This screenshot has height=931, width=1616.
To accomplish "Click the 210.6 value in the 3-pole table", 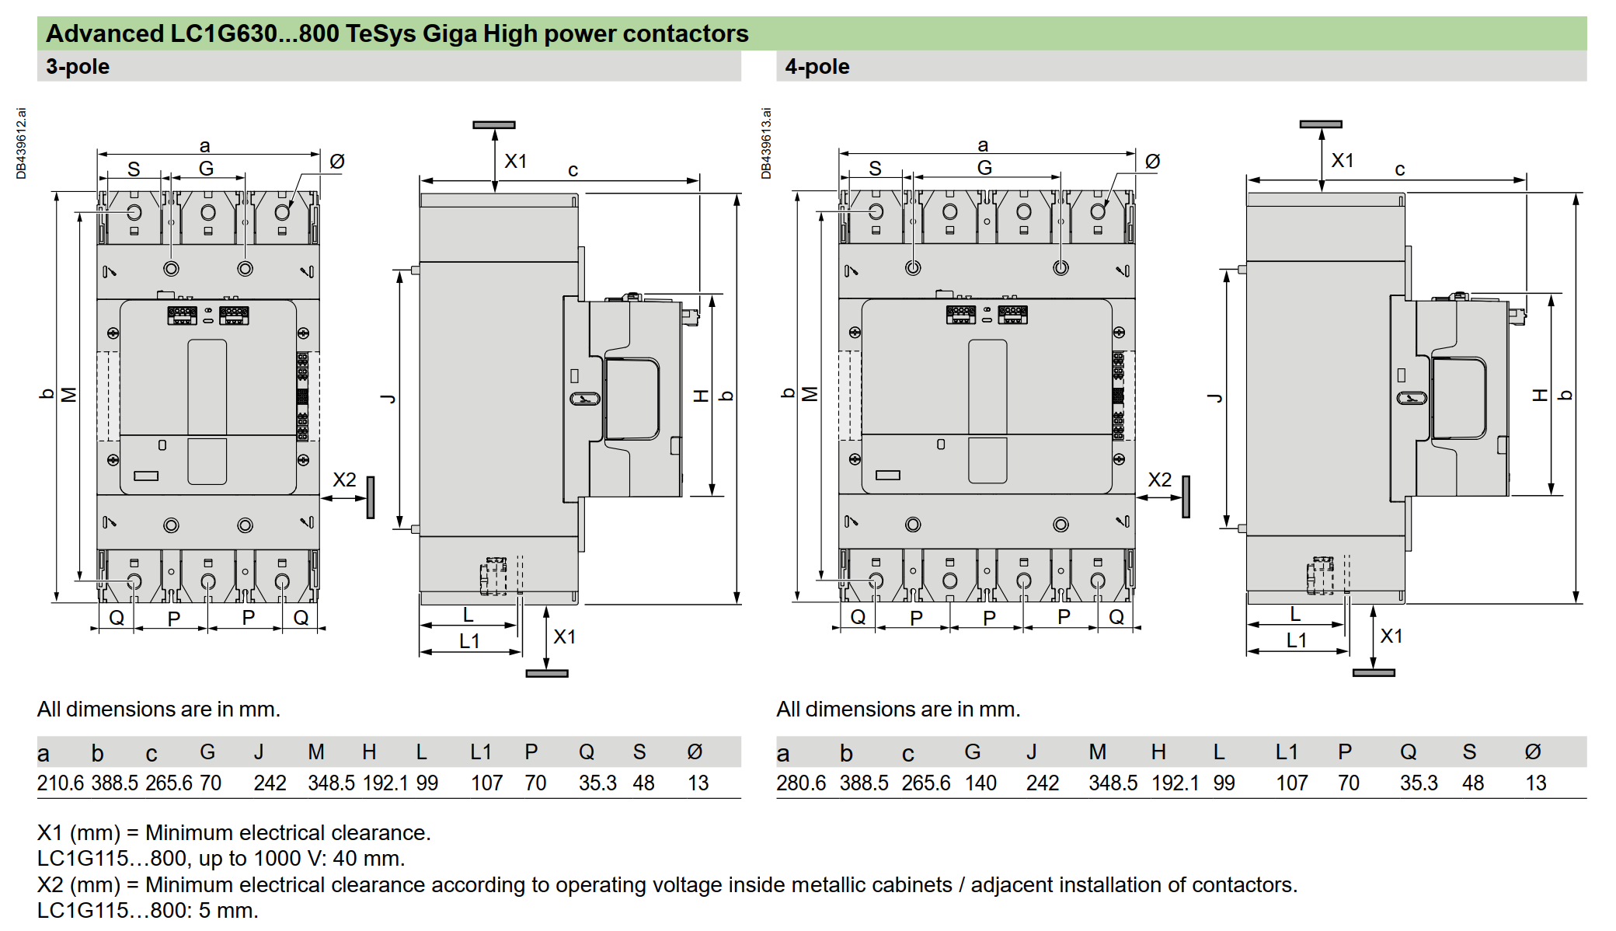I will (60, 783).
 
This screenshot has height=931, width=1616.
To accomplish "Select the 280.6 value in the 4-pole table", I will (800, 783).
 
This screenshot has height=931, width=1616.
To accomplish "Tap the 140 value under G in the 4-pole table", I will (980, 783).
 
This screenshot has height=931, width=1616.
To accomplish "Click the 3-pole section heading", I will (78, 67).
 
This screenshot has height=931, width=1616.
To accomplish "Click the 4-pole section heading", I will (817, 67).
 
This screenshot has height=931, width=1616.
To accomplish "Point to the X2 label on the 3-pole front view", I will (344, 480).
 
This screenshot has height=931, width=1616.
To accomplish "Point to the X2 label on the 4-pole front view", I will (1159, 480).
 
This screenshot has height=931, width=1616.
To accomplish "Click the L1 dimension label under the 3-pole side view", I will (469, 641).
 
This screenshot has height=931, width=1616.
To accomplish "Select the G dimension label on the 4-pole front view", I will (984, 168).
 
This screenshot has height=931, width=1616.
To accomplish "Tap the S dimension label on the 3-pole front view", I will (134, 169).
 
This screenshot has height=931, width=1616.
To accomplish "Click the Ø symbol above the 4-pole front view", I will (1152, 162).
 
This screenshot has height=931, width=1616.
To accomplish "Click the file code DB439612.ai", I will (21, 144).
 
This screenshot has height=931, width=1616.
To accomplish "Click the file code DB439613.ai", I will (766, 144).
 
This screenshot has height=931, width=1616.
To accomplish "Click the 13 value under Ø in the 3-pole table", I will (698, 783).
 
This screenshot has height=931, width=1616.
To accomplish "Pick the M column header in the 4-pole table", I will (1097, 752).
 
